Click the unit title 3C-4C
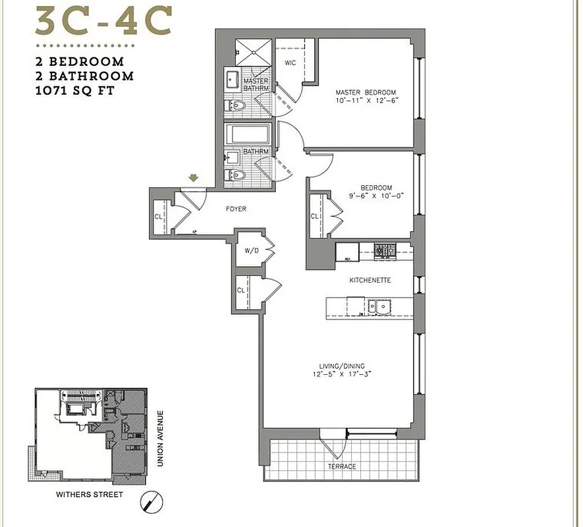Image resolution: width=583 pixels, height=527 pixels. (105, 22)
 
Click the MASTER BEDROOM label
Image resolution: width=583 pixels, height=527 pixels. (365, 93)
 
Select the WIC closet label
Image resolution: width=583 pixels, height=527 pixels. (289, 63)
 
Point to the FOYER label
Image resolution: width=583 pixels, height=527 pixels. (236, 209)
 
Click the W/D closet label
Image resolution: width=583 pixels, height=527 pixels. (250, 250)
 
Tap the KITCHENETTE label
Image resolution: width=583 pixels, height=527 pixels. (370, 280)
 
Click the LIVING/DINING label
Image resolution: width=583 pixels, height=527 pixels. (340, 366)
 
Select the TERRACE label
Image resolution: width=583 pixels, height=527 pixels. (342, 466)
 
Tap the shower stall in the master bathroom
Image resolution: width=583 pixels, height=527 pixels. (254, 51)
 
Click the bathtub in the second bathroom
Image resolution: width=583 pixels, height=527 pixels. (248, 136)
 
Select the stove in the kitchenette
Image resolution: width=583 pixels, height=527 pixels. (383, 250)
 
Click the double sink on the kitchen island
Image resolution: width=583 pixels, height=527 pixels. (376, 306)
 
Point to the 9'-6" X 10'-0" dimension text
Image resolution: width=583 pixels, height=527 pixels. (376, 196)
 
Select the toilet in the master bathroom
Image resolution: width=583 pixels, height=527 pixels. (237, 105)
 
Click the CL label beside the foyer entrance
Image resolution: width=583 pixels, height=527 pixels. (158, 215)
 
